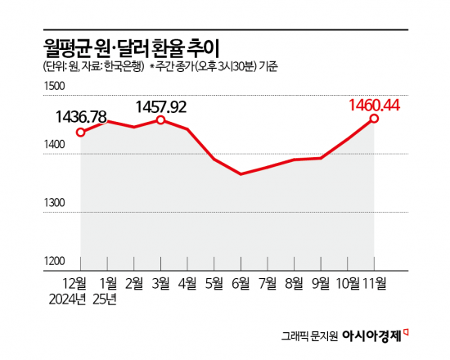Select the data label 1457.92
160,106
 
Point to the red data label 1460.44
373,104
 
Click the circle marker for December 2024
80,133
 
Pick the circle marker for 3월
160,120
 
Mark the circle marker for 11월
374,119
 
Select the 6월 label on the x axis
241,283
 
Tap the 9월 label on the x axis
320,283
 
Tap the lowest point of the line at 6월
241,174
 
